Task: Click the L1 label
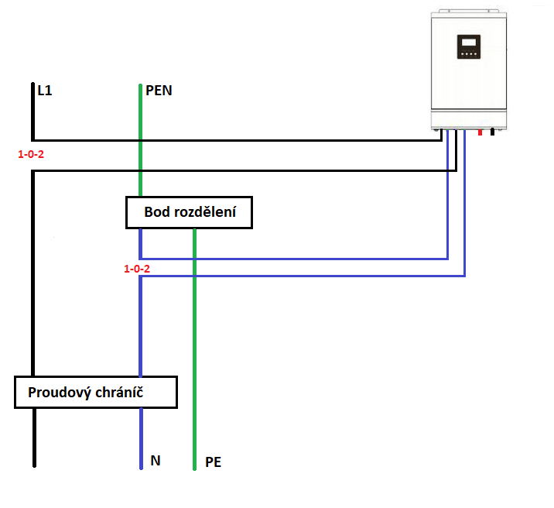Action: tap(45, 91)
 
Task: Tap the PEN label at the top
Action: tap(159, 91)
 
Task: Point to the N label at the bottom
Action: tap(156, 460)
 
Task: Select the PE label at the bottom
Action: tap(213, 462)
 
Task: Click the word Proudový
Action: tap(60, 393)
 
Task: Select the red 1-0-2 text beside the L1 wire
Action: tap(31, 154)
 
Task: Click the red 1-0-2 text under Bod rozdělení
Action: tap(137, 269)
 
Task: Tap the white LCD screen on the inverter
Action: tap(469, 43)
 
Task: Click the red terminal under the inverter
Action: tap(480, 132)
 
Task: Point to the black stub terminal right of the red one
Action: tap(492, 132)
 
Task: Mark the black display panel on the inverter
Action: tap(469, 46)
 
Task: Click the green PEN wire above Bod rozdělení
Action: tap(140, 140)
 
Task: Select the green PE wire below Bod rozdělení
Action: tap(194, 349)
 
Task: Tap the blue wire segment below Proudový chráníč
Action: tap(142, 439)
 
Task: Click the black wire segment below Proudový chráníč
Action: tap(34, 438)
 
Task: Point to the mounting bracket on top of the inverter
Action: tap(469, 11)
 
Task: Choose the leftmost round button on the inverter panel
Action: tap(463, 54)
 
